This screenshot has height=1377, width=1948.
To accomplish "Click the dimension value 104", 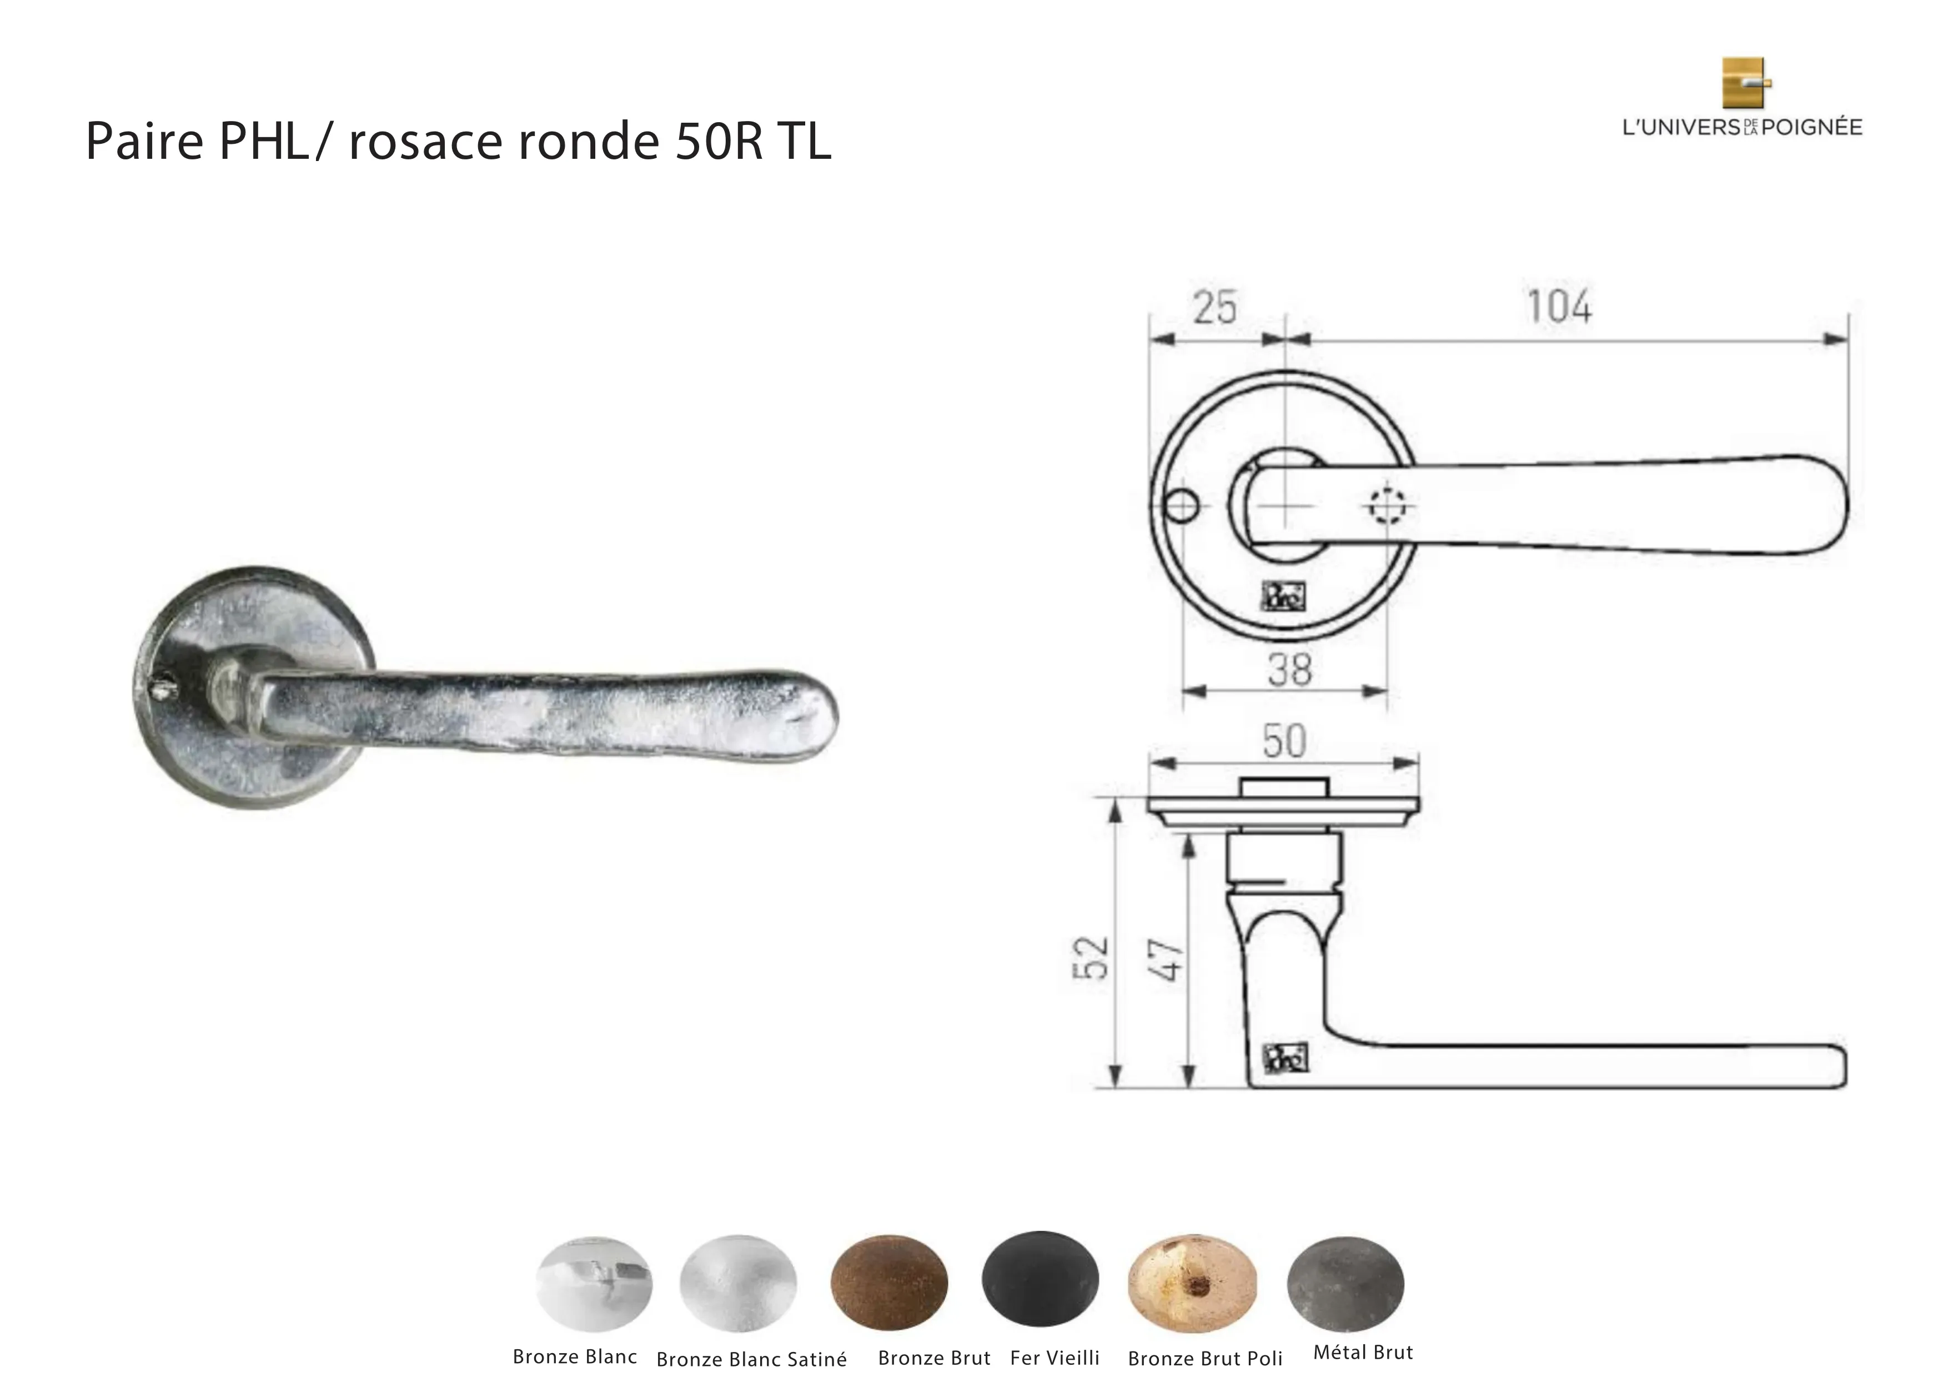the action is [x=1559, y=306].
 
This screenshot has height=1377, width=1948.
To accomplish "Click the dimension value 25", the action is [x=1215, y=307].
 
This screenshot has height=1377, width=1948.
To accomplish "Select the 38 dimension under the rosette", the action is [x=1289, y=670].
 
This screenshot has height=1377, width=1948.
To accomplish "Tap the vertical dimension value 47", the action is [x=1166, y=959].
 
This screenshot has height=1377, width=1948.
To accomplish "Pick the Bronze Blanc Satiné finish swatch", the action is [x=738, y=1283].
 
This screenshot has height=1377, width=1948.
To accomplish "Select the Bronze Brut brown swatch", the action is [x=889, y=1281].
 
